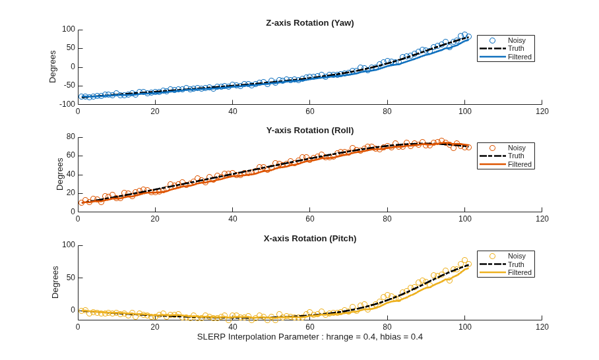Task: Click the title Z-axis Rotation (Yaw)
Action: (x=310, y=23)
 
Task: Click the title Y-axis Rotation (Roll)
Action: (x=310, y=131)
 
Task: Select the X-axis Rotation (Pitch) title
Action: (x=310, y=239)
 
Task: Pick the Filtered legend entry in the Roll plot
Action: (x=505, y=165)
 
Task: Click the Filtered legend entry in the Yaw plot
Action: (x=505, y=57)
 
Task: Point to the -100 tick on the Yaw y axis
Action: (x=67, y=104)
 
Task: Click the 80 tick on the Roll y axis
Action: (x=71, y=136)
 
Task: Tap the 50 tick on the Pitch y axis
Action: (x=71, y=278)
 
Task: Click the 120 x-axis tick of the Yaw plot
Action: (x=542, y=111)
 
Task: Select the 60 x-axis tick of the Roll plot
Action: (x=310, y=219)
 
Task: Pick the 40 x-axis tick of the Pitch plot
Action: (x=233, y=327)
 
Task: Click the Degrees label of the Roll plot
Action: (x=60, y=174)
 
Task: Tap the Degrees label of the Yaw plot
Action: (x=53, y=67)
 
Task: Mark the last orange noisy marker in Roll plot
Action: (x=469, y=147)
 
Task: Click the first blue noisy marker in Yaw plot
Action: (x=82, y=97)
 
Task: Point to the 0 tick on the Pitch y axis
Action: (x=73, y=311)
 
